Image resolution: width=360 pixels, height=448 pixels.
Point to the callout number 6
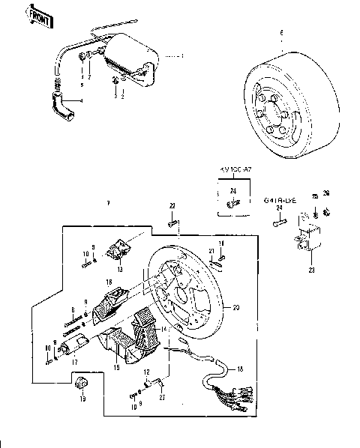(x=281, y=34)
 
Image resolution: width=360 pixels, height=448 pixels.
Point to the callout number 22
(x=172, y=206)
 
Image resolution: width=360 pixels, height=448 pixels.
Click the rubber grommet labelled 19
(x=82, y=385)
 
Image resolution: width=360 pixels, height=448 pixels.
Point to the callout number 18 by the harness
(x=241, y=370)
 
